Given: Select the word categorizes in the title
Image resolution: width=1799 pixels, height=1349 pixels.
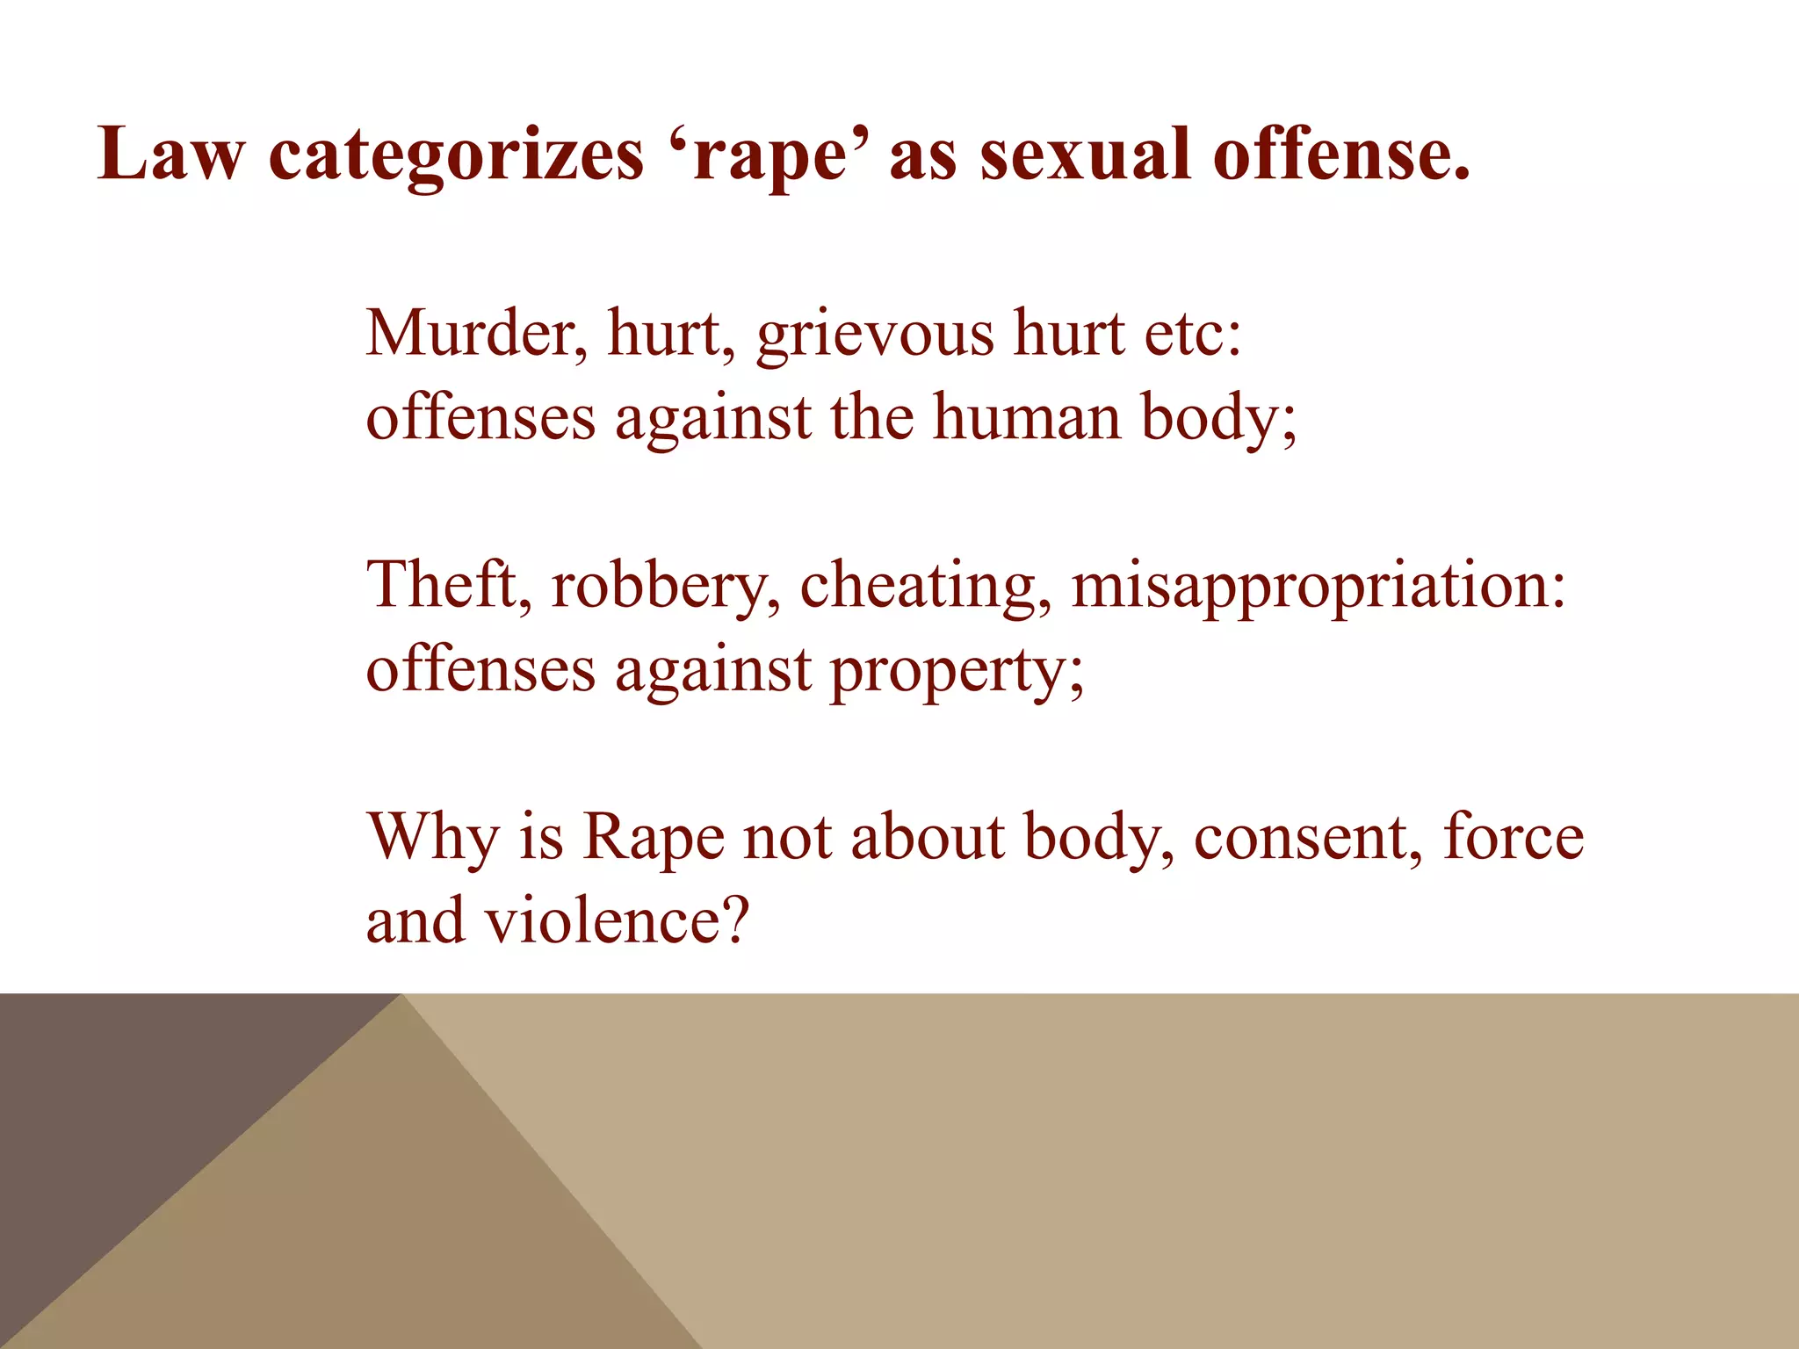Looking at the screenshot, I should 455,156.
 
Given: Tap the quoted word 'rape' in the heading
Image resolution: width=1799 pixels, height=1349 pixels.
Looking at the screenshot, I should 769,156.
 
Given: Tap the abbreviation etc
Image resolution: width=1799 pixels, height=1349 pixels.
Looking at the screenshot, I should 1192,335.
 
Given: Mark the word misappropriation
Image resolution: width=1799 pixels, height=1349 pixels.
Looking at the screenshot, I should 1318,587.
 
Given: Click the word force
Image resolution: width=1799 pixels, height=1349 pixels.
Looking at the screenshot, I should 1514,837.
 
